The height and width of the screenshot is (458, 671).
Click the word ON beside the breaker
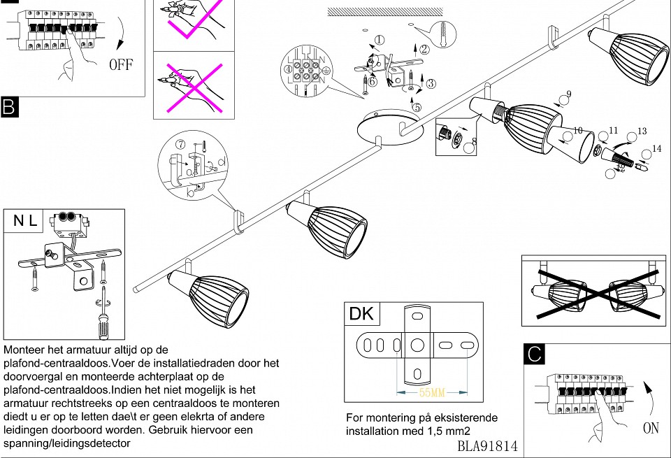(x=650, y=427)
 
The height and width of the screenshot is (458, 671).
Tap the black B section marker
(x=9, y=106)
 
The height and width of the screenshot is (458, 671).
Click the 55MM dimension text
(x=431, y=392)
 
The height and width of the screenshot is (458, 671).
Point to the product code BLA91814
(x=487, y=445)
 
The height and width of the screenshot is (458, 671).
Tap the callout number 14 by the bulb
(x=655, y=148)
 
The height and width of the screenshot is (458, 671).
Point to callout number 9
(x=568, y=94)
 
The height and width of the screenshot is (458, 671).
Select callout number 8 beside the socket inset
(x=474, y=141)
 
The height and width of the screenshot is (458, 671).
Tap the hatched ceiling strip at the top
(x=385, y=11)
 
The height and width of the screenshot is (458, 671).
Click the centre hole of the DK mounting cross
(x=417, y=345)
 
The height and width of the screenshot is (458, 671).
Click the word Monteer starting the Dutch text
(x=25, y=349)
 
